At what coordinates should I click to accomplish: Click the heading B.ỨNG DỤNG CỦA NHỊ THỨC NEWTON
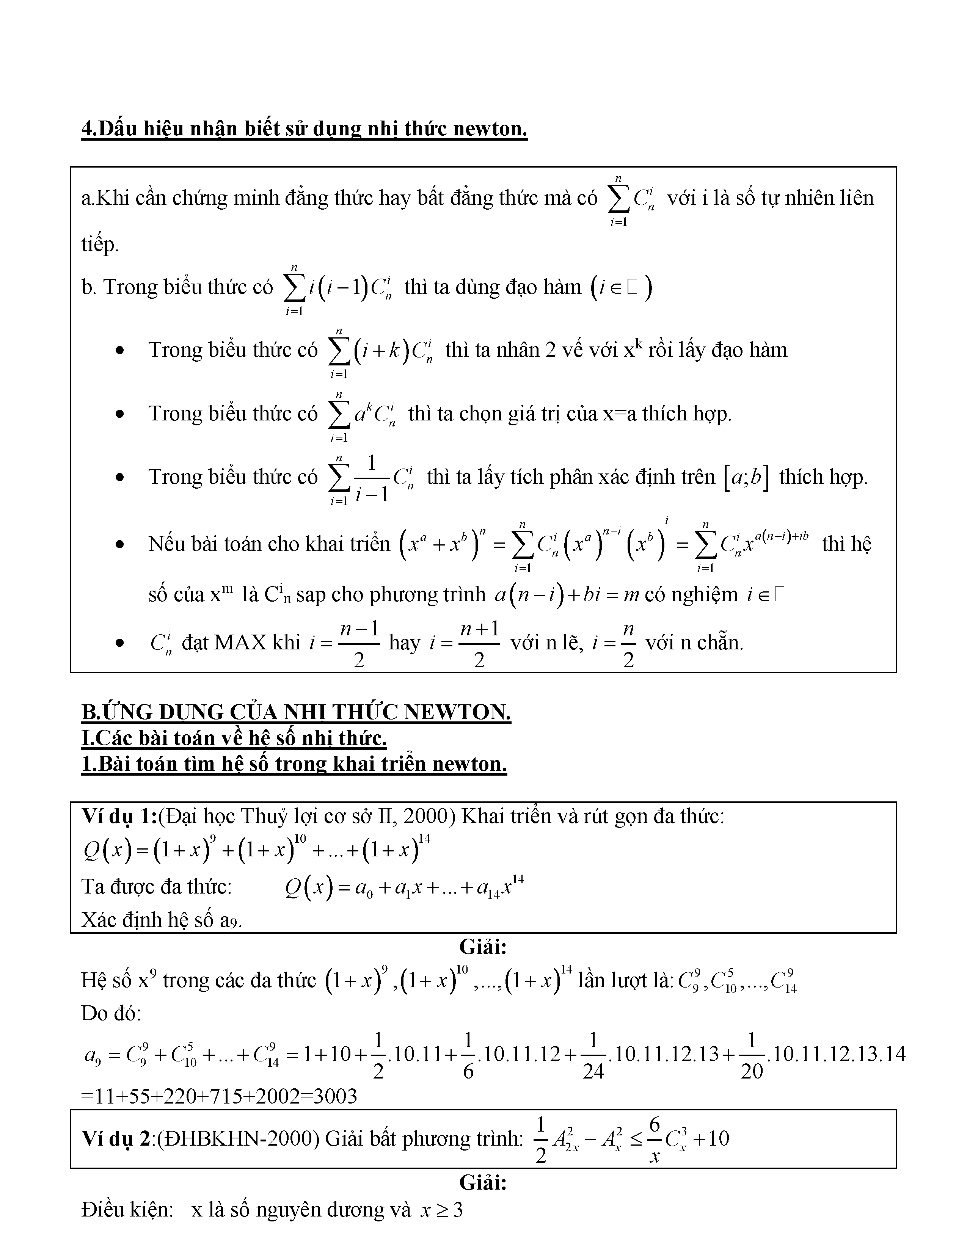(296, 712)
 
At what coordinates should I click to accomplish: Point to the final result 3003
(332, 1096)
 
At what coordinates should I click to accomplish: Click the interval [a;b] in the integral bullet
(746, 478)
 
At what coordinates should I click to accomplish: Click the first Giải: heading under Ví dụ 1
(483, 947)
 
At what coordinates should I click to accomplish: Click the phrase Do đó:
(111, 1013)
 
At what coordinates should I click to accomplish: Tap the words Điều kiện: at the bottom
(127, 1210)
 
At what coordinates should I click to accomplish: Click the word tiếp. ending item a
(100, 245)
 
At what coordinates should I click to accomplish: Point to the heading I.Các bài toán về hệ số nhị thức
(234, 738)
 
